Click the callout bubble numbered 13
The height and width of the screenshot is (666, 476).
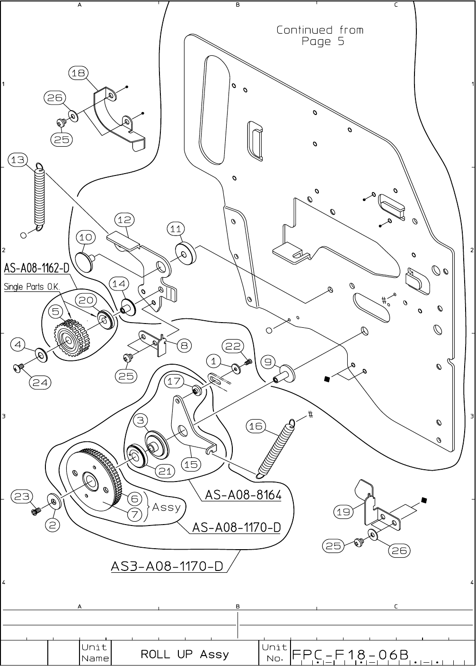(x=18, y=160)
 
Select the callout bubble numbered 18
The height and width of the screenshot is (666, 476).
(x=79, y=73)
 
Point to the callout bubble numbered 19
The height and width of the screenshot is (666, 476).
(x=343, y=512)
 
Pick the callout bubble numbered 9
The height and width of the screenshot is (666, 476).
(x=268, y=362)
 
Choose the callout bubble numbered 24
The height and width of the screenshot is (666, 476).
(x=40, y=382)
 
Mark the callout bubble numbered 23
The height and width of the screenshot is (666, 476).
(x=22, y=496)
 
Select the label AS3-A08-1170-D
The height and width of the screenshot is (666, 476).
(x=167, y=566)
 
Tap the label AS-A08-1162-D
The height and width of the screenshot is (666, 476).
(x=36, y=268)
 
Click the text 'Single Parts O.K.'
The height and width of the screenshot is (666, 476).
(x=32, y=287)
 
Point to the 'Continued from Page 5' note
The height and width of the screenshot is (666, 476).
(x=320, y=35)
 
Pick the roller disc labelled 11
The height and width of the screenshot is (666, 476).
(x=186, y=254)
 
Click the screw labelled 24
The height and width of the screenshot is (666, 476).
(x=18, y=368)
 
